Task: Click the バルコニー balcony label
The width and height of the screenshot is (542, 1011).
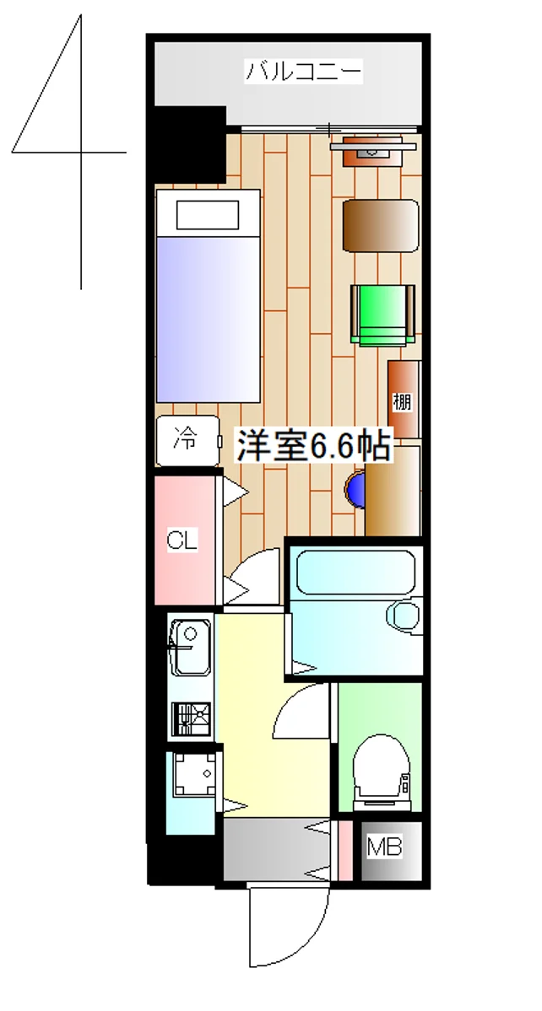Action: click(x=304, y=72)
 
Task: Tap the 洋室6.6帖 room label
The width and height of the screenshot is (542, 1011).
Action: click(x=314, y=446)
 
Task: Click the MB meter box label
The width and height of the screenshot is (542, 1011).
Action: click(x=384, y=847)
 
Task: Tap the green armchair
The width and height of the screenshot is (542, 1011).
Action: click(x=382, y=315)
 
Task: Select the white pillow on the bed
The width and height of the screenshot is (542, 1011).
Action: click(x=207, y=214)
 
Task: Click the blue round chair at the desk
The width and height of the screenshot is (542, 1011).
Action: click(x=356, y=488)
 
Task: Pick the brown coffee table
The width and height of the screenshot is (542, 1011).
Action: click(x=381, y=225)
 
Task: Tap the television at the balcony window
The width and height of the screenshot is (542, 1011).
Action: click(x=371, y=148)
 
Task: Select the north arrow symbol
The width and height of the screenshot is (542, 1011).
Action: click(x=68, y=143)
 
